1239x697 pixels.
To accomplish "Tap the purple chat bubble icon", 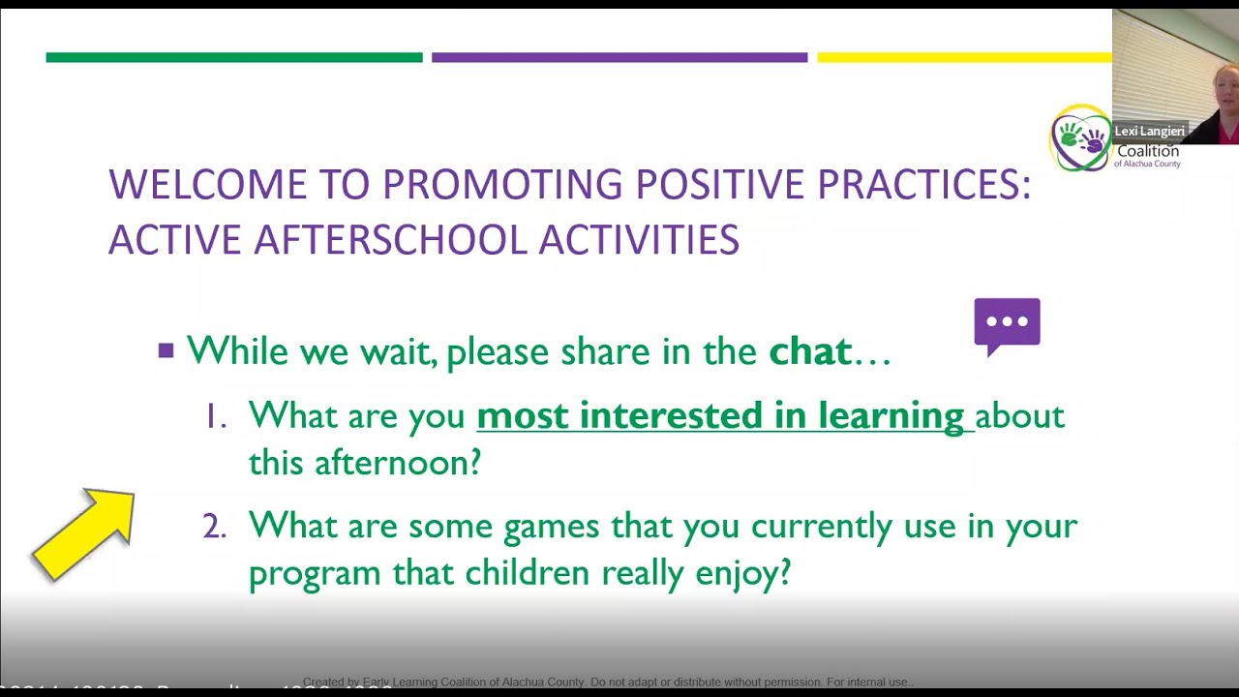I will [x=1007, y=324].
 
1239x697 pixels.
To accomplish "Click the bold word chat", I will [x=810, y=351].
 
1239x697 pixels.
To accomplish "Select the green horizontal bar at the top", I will [x=234, y=58].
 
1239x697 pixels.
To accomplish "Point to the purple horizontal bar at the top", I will [x=619, y=58].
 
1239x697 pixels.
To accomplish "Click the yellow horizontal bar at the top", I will [x=964, y=58].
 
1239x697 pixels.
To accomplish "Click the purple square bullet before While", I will [x=166, y=350].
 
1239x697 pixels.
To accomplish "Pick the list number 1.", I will [x=214, y=416].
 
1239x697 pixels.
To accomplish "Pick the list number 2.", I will [x=214, y=527].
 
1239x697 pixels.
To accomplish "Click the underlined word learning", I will [x=891, y=416].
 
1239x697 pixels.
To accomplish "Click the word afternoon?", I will [x=397, y=463].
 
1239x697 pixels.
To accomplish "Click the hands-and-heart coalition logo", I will [x=1080, y=138].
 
